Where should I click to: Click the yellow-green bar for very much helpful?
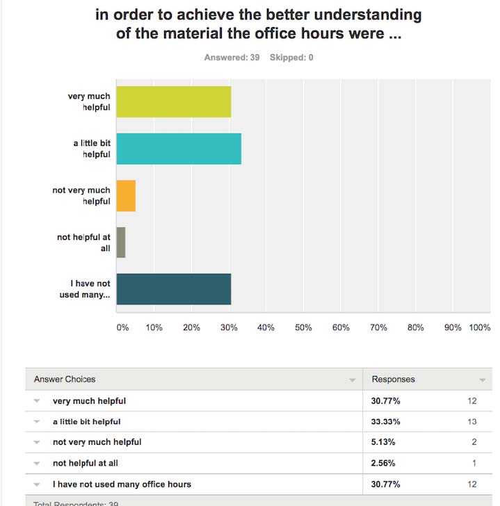pos(173,101)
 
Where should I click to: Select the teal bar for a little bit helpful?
pos(179,149)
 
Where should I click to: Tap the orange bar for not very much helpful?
pos(126,195)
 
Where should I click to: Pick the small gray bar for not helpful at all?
pos(121,243)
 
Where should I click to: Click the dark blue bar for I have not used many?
pos(173,289)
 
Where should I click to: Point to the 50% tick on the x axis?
pos(303,327)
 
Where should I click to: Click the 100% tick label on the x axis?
pos(480,327)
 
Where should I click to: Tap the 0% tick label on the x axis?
pos(122,327)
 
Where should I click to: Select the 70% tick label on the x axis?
pos(378,327)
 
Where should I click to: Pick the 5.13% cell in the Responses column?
pos(384,442)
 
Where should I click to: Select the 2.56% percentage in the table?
pos(384,463)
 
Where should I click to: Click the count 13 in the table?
pos(472,421)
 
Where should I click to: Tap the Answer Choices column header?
pos(65,379)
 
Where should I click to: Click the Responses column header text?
pos(393,379)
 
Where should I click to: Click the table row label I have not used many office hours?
pos(122,484)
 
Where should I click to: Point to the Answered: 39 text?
pos(232,58)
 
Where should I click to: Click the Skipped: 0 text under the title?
pos(291,58)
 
